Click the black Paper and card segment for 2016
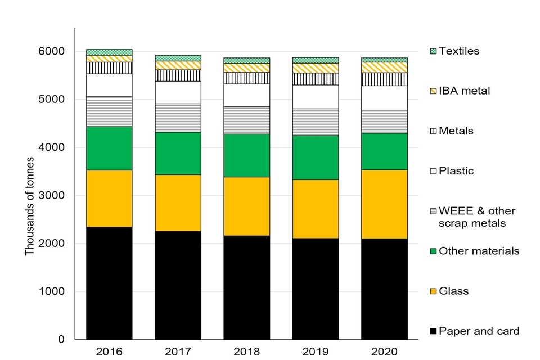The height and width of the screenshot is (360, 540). (109, 283)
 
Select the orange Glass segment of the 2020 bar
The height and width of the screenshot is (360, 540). (384, 204)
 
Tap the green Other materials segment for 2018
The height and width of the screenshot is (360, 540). (246, 155)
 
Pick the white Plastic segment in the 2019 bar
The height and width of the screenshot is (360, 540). (316, 97)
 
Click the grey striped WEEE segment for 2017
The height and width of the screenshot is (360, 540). (178, 118)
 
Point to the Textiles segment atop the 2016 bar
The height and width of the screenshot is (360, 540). (109, 52)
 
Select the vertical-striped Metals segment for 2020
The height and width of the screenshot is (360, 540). (384, 79)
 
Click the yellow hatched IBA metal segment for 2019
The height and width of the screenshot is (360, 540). (316, 67)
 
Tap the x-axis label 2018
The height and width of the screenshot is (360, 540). (246, 352)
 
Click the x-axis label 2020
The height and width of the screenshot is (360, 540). (384, 352)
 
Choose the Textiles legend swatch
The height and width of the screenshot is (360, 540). (433, 51)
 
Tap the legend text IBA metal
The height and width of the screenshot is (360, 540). (464, 91)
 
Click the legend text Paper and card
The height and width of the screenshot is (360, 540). (479, 331)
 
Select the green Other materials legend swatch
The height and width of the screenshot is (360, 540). (433, 251)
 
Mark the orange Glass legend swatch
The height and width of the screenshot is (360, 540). (433, 291)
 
